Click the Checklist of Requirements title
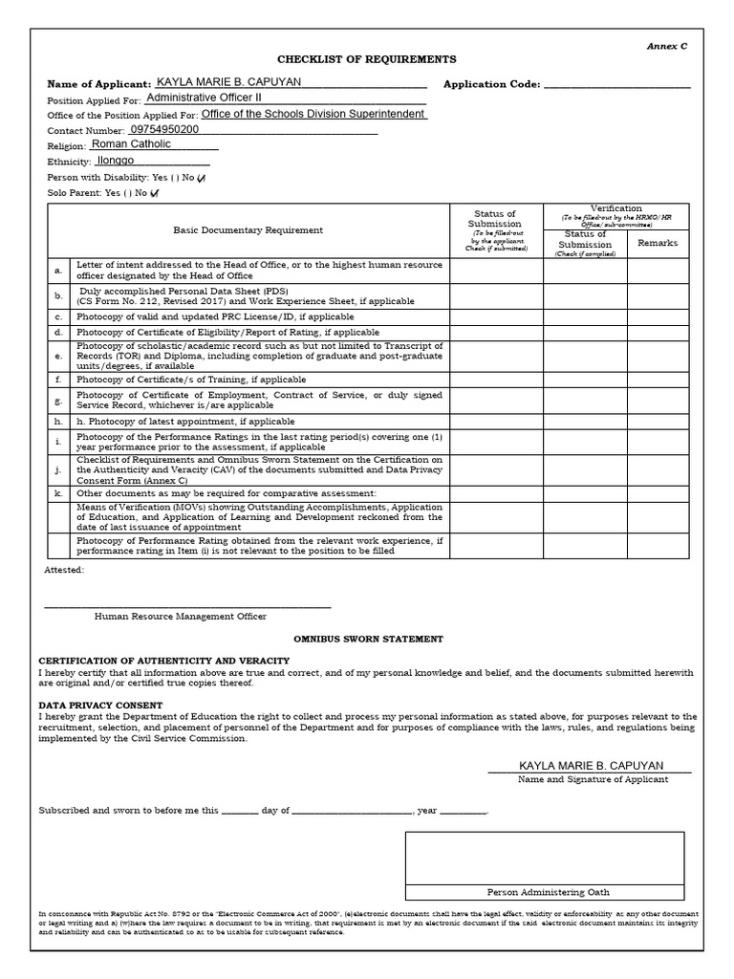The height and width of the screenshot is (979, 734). pyautogui.click(x=354, y=59)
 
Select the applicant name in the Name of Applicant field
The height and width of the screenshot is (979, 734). pyautogui.click(x=229, y=82)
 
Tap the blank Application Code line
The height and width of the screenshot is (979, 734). pyautogui.click(x=616, y=86)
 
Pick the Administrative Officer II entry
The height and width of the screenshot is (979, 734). pyautogui.click(x=204, y=98)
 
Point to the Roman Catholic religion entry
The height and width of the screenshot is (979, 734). pyautogui.click(x=131, y=144)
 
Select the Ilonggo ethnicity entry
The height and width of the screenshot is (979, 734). pyautogui.click(x=117, y=161)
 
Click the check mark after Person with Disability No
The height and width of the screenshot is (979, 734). pyautogui.click(x=201, y=178)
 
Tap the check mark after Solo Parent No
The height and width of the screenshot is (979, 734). pyautogui.click(x=155, y=193)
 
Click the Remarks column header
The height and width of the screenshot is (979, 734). pyautogui.click(x=658, y=244)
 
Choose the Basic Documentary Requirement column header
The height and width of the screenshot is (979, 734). pyautogui.click(x=248, y=230)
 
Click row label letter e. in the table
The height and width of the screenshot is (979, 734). pyautogui.click(x=58, y=357)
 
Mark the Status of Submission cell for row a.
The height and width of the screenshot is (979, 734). pyautogui.click(x=496, y=272)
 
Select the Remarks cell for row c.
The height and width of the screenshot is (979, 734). pyautogui.click(x=658, y=316)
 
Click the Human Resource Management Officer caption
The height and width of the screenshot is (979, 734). pyautogui.click(x=181, y=617)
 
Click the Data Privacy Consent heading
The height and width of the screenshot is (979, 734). pyautogui.click(x=100, y=706)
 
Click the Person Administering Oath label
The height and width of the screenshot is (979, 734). pyautogui.click(x=544, y=892)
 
